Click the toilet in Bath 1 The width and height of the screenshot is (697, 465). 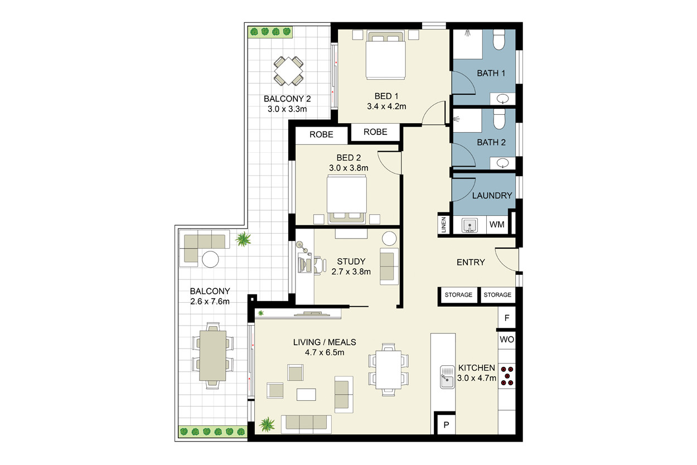[499, 40]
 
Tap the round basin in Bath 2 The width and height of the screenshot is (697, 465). [502, 163]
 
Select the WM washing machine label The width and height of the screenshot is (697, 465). [497, 224]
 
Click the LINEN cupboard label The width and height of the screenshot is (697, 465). [444, 225]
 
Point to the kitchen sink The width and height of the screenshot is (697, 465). [447, 377]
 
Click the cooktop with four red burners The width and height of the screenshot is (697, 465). [507, 376]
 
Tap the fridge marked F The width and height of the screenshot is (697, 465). [506, 318]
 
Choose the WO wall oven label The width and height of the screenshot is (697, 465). [507, 340]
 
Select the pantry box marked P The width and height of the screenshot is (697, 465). [446, 424]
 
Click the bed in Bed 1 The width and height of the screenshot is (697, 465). [386, 55]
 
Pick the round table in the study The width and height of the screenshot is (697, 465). [389, 239]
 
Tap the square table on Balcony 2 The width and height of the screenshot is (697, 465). [288, 71]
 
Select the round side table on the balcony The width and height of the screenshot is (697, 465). [210, 259]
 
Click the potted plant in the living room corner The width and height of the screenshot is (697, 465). [267, 424]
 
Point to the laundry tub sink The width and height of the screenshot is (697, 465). [469, 225]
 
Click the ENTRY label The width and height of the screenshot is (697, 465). [471, 262]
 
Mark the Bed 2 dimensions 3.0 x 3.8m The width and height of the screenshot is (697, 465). [348, 168]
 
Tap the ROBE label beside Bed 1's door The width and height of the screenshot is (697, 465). [375, 132]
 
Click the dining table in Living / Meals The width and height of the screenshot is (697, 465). [388, 370]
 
